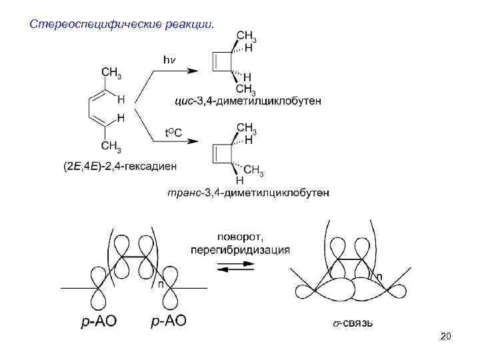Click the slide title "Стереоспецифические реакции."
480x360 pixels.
[x=122, y=25]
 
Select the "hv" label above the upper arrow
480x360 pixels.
[x=171, y=60]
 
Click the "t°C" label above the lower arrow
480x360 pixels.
[x=173, y=133]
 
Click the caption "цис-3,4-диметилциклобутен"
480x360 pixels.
[x=247, y=101]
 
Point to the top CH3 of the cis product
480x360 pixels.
[x=247, y=36]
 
